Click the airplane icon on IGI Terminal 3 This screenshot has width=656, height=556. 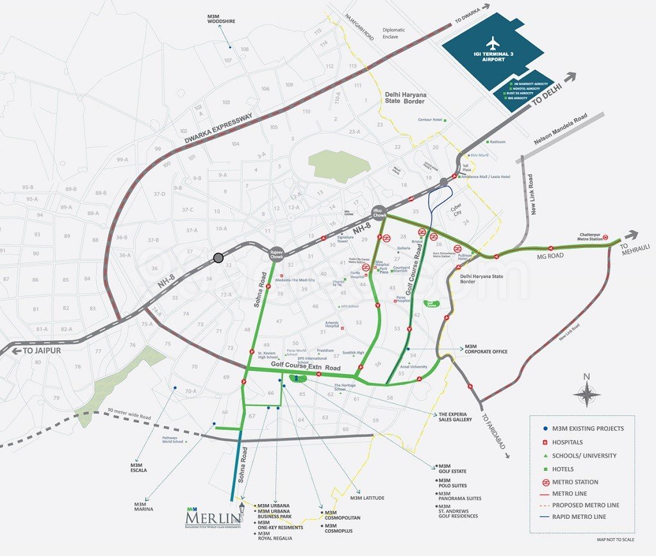(493, 44)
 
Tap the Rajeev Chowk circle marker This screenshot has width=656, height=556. (277, 253)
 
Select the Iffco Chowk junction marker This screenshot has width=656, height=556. (380, 212)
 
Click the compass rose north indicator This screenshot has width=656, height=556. (587, 392)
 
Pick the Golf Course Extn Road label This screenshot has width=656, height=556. (306, 368)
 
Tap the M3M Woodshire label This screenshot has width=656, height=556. (221, 18)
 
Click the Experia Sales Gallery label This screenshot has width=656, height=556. (455, 417)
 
